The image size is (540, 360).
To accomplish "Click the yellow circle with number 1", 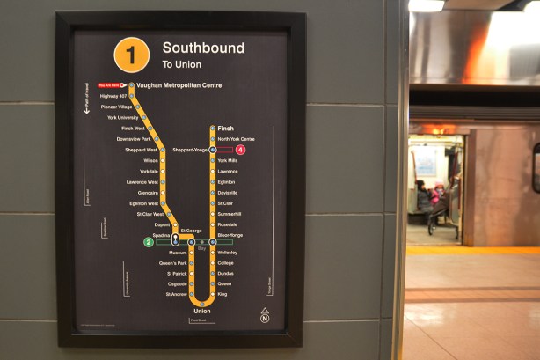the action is coord(131,55).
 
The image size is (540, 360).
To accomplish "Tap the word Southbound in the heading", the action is coord(203,48).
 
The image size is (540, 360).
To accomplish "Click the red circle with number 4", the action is coord(240,150).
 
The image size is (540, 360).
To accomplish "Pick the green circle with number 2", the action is coord(149,242).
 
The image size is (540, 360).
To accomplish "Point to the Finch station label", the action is coord(225,129).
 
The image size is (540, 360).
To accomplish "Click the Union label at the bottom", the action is coord(202,311).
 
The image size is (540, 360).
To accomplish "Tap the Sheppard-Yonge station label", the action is coord(190,150).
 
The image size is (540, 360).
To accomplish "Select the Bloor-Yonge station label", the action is coord(230,236).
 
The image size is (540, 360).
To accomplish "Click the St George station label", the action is coord(192,231).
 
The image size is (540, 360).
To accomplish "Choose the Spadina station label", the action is coord(162,236).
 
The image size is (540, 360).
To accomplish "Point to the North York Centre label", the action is coord(236,139).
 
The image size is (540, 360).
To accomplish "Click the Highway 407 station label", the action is coord(114,96).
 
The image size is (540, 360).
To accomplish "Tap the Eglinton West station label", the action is coord(143,203).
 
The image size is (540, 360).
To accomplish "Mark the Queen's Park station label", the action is coord(172,263).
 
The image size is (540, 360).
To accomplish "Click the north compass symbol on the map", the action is coord(265,316).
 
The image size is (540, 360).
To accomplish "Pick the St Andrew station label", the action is coord(176,294).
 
